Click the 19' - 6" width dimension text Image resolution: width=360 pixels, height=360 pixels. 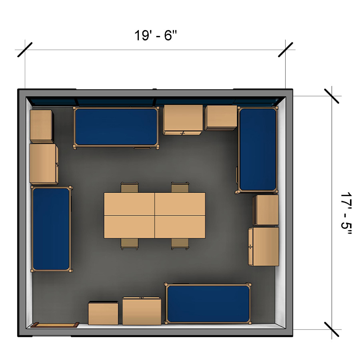point(156,35)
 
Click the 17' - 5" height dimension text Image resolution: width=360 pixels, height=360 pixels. point(346,213)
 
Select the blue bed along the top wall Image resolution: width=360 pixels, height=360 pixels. point(116,127)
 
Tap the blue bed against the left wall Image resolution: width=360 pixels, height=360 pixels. point(51,229)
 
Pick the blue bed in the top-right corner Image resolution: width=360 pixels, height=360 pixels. point(257,150)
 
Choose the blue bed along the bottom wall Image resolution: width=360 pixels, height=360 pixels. point(208,304)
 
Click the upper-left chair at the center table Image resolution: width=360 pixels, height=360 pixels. point(130,187)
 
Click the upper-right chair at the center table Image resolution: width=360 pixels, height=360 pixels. point(180,187)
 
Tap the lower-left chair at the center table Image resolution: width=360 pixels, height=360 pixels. point(130,244)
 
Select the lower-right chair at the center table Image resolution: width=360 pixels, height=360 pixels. point(180,244)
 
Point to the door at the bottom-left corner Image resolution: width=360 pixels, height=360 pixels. point(55,325)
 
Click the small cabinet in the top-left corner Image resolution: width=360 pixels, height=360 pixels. point(42,126)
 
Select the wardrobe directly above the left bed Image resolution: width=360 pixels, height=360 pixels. point(44,164)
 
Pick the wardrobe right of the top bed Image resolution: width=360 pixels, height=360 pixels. point(183,120)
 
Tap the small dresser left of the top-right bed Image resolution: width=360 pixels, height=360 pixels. point(221,118)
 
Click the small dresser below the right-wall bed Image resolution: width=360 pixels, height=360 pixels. point(266,210)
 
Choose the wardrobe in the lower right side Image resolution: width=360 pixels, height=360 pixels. point(264,246)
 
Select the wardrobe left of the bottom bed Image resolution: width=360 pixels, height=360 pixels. point(142,311)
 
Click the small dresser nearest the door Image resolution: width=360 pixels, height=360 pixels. point(103,313)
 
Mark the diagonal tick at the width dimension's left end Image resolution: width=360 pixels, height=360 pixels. point(25,50)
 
